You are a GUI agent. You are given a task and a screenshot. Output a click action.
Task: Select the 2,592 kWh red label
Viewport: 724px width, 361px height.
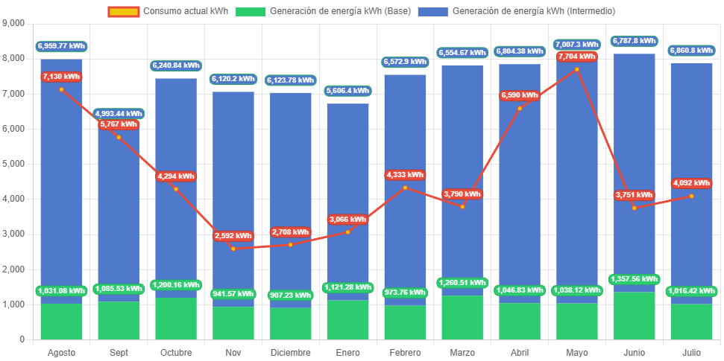(233, 236)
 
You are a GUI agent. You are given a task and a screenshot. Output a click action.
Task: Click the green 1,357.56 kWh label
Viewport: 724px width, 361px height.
(635, 279)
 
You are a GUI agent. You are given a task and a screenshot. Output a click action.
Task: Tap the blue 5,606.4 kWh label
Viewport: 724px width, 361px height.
(347, 91)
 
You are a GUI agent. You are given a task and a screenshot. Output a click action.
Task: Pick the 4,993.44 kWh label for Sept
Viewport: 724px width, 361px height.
(119, 114)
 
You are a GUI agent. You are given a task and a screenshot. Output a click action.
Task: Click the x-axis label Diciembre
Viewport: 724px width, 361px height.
(290, 352)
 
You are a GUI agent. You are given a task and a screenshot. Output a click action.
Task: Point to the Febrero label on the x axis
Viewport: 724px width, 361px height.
(405, 352)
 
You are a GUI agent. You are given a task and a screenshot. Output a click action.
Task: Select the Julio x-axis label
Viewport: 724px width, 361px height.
(691, 352)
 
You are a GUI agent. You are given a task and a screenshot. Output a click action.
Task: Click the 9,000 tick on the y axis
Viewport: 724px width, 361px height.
(14, 24)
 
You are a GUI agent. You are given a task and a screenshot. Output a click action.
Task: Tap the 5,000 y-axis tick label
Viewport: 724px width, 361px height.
(14, 164)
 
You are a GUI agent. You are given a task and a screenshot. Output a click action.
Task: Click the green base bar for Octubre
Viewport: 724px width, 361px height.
(176, 319)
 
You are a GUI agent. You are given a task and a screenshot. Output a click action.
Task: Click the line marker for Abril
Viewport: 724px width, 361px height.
(520, 108)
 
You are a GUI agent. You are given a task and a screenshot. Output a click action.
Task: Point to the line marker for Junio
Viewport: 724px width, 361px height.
(635, 208)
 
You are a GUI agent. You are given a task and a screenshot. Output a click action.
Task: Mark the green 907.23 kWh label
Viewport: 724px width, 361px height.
(290, 295)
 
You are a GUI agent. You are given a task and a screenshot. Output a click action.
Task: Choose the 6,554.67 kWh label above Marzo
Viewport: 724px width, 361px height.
(462, 53)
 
